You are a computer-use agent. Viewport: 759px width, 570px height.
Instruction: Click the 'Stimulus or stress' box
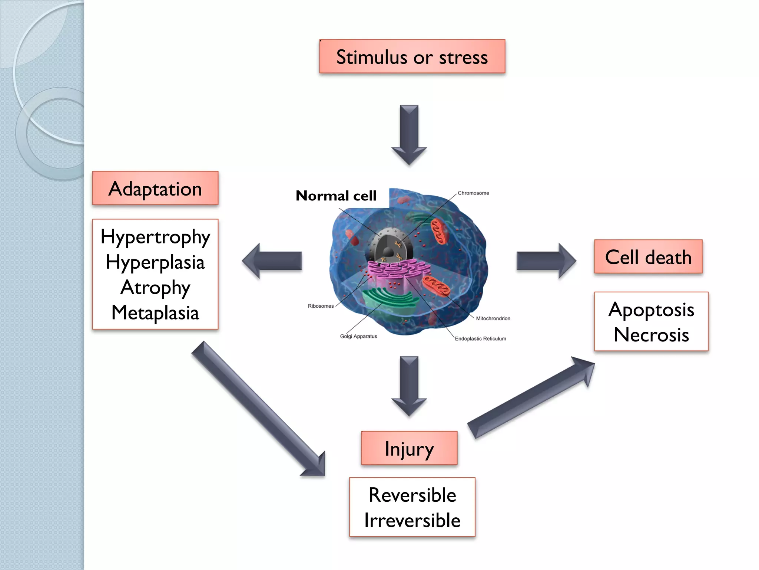[412, 56]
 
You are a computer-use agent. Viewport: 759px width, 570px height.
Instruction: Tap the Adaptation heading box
[155, 188]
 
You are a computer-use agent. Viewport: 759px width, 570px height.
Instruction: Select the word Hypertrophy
[155, 237]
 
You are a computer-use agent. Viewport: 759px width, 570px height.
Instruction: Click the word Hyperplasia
[155, 262]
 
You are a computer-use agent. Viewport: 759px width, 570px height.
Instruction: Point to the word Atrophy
[155, 288]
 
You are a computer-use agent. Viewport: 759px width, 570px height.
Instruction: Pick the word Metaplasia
[155, 312]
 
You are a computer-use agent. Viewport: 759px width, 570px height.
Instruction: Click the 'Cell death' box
[648, 257]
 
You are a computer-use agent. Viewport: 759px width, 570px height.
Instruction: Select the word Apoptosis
[651, 309]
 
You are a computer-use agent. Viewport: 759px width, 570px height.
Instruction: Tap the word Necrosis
[651, 334]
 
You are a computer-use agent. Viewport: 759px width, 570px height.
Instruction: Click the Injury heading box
[409, 448]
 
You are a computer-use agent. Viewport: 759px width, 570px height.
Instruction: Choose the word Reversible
[412, 495]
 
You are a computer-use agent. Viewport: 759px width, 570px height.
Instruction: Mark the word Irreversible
[412, 520]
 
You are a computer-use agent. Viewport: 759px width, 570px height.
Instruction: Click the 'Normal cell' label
[336, 196]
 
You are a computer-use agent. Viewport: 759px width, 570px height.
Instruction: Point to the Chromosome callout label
[473, 193]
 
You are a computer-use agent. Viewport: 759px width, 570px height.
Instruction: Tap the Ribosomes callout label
[321, 306]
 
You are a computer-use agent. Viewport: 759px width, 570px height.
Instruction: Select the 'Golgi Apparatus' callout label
[358, 336]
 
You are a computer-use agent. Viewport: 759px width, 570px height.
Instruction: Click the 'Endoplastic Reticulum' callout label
[480, 338]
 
